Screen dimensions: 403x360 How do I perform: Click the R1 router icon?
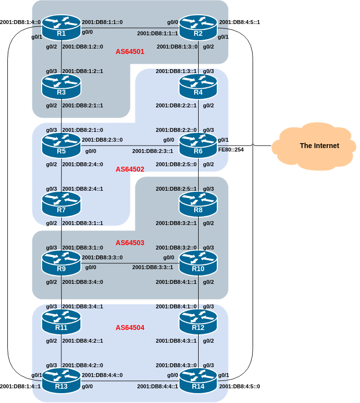[x=61, y=28]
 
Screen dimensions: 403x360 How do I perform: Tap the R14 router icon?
[x=198, y=381]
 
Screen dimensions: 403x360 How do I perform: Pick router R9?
[x=61, y=263]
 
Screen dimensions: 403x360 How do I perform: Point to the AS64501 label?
[x=130, y=51]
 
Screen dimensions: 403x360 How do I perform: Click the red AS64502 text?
[x=130, y=169]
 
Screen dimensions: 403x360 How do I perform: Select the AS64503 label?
[x=130, y=243]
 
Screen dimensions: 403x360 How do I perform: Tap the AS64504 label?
[x=130, y=327]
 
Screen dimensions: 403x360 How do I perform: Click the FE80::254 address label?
[x=231, y=150]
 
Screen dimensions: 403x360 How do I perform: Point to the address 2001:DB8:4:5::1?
[x=239, y=22]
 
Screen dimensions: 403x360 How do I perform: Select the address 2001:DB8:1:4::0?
[x=21, y=22]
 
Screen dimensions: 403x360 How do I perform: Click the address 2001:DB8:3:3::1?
[x=153, y=268]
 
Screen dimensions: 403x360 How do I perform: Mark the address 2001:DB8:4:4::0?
[x=103, y=375]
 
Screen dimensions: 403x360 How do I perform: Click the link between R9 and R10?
[x=130, y=263]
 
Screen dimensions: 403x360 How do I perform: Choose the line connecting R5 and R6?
[x=130, y=146]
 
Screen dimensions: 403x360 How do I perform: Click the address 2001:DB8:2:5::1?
[x=177, y=189]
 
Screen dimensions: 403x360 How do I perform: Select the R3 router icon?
[x=61, y=87]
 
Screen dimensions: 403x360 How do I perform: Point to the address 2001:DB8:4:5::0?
[x=239, y=386]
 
